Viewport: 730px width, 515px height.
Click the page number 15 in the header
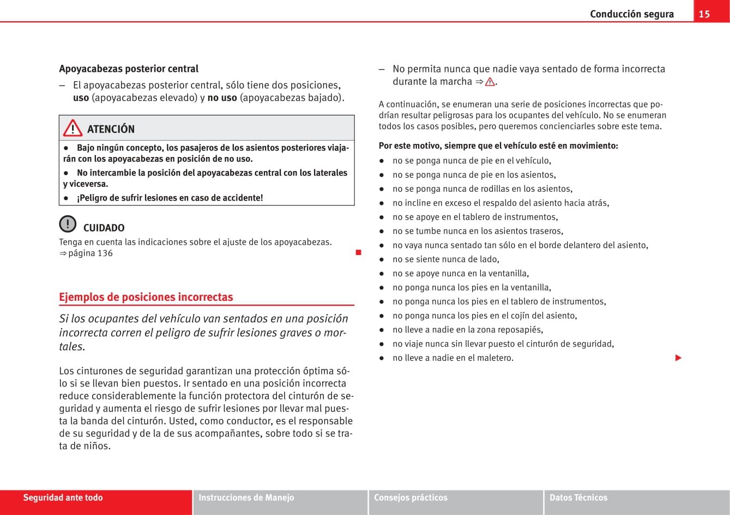(x=704, y=14)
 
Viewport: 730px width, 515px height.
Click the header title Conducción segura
(x=632, y=14)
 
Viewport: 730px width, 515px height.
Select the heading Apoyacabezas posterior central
(x=129, y=69)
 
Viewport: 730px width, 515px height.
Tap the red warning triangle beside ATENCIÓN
(x=73, y=129)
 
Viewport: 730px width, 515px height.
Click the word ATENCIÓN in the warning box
(x=111, y=129)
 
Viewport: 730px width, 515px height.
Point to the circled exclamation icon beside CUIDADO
(x=68, y=224)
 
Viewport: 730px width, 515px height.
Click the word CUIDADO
(x=104, y=228)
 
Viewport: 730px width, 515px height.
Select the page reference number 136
(x=105, y=253)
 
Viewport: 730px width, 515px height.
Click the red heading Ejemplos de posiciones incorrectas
(x=146, y=297)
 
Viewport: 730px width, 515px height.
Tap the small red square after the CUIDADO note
(x=358, y=252)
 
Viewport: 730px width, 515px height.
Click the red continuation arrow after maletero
(x=678, y=358)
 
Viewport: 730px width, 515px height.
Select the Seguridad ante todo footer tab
(x=63, y=498)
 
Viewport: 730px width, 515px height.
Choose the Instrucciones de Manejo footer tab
(x=246, y=498)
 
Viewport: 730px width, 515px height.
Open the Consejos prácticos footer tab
(x=411, y=498)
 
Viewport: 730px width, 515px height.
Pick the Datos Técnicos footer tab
(x=578, y=498)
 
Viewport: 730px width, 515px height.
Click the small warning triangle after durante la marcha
(x=490, y=82)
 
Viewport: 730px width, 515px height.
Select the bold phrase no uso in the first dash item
(x=222, y=98)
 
